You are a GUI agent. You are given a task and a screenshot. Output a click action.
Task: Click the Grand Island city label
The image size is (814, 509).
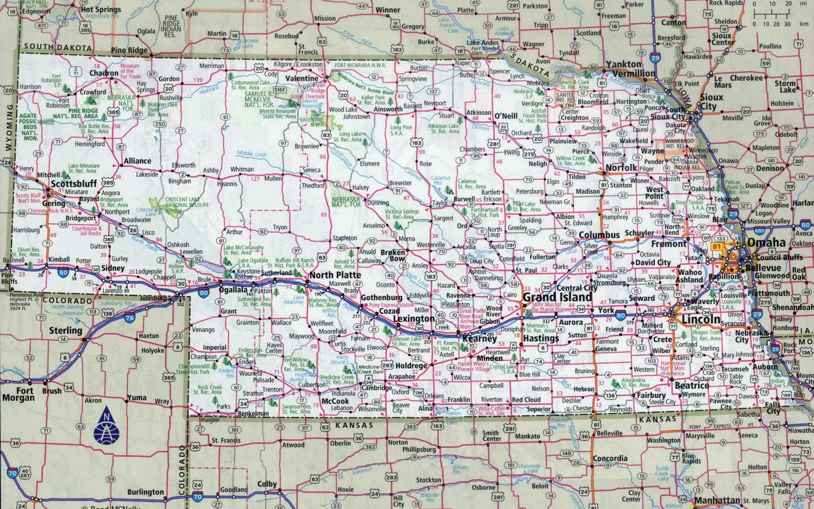click(x=557, y=297)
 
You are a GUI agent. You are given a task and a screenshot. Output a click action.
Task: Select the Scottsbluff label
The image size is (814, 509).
click(x=74, y=183)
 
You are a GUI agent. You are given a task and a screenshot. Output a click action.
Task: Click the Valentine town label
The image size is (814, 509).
click(x=302, y=78)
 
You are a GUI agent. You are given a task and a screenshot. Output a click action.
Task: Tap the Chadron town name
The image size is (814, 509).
click(x=104, y=73)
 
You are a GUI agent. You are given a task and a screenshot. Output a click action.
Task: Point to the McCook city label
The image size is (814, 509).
click(x=335, y=401)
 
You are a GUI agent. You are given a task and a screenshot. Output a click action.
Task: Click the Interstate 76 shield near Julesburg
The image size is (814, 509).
click(x=130, y=318)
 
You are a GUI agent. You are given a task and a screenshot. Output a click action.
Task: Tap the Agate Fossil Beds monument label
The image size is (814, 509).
click(x=29, y=127)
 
